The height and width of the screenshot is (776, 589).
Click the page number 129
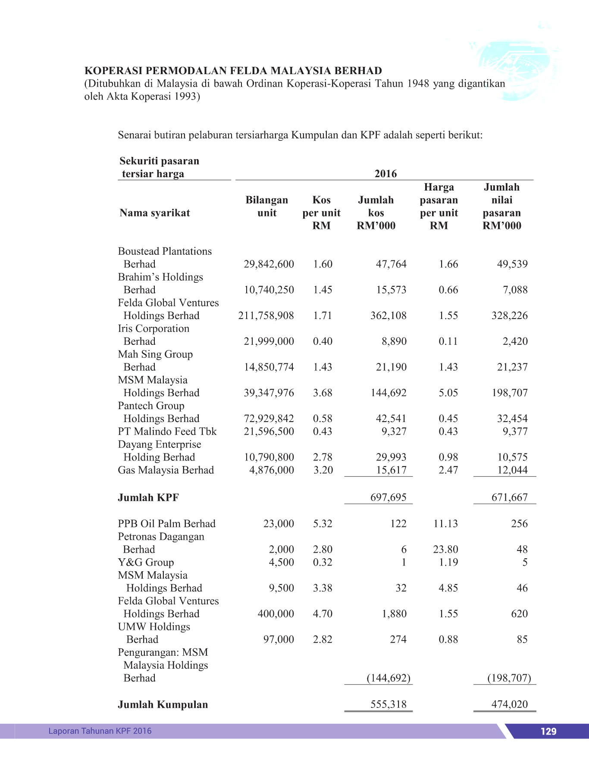click(x=548, y=731)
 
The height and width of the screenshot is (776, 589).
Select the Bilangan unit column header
click(x=266, y=207)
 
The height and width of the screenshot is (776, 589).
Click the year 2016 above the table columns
click(x=385, y=174)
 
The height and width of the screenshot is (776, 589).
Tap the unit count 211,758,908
click(x=266, y=316)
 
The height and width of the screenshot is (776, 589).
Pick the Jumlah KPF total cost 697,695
click(x=388, y=498)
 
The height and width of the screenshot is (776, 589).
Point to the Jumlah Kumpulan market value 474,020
click(x=509, y=704)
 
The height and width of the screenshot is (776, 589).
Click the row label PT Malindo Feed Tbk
click(x=167, y=432)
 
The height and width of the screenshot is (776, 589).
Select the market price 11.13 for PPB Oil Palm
click(x=445, y=524)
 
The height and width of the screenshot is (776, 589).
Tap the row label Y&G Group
click(x=146, y=562)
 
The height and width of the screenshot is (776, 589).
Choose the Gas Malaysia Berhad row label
click(x=166, y=470)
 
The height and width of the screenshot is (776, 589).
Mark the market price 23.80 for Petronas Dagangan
click(x=445, y=549)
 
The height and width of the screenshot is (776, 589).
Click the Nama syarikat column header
click(x=155, y=213)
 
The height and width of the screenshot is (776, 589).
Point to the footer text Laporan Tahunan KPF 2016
click(x=100, y=731)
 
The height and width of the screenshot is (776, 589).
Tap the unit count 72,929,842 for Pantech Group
click(x=269, y=419)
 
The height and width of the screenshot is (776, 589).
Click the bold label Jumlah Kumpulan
click(x=163, y=704)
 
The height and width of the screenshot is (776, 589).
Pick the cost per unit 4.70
click(x=323, y=614)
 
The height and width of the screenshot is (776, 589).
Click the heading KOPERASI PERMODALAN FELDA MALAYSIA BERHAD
click(x=233, y=71)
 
